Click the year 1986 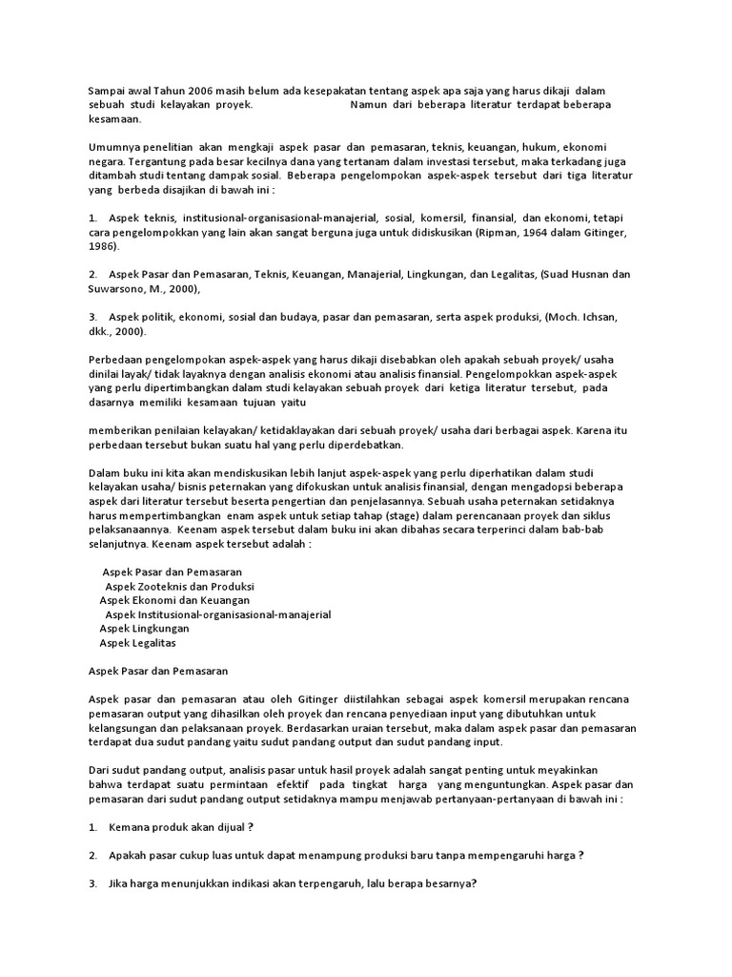104,246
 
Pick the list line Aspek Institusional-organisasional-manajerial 217,614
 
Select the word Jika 120,883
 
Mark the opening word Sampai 107,90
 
